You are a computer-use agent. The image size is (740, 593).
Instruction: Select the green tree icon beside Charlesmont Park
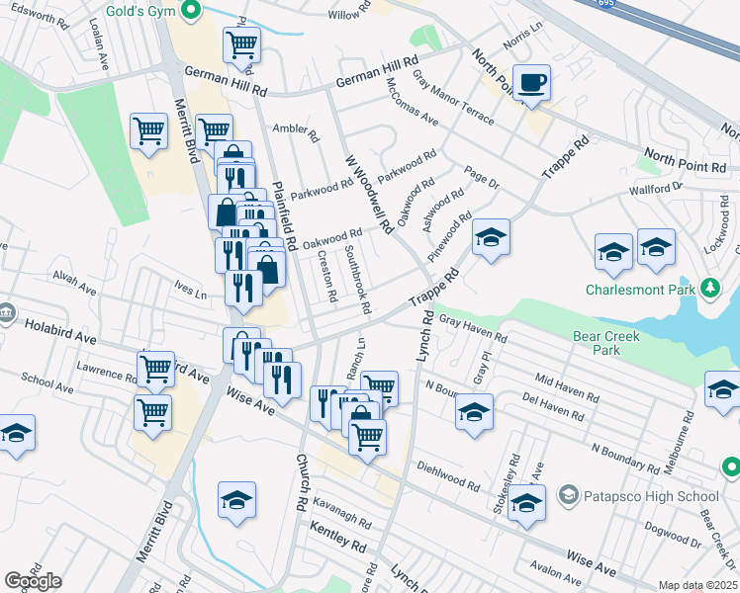click(x=709, y=289)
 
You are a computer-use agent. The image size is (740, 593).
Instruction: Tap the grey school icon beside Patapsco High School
click(x=568, y=494)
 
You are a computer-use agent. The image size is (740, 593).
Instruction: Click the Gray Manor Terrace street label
click(x=452, y=104)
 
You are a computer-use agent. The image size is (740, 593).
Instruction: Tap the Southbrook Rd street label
click(x=356, y=281)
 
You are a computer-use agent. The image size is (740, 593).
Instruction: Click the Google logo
click(x=33, y=581)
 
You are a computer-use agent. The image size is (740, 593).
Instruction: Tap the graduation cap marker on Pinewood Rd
click(x=490, y=238)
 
